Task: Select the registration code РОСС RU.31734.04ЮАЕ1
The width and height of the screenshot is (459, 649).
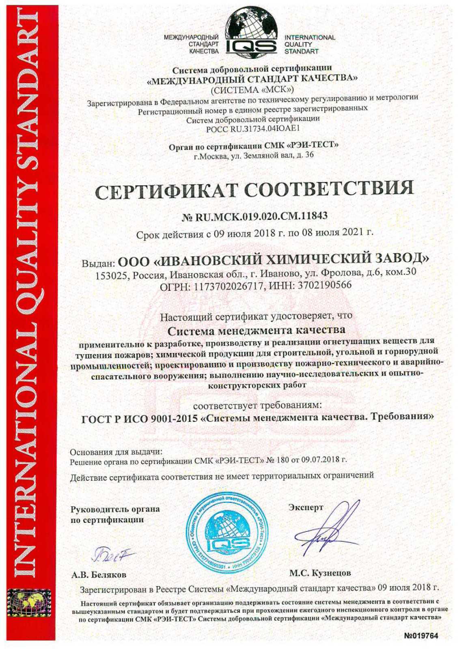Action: tap(253, 129)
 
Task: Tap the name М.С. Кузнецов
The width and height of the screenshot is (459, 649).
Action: tap(320, 573)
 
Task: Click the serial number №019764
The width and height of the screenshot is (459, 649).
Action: tap(421, 636)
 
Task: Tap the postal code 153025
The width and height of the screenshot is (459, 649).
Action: tap(111, 275)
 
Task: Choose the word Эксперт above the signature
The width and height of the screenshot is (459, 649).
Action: tap(306, 507)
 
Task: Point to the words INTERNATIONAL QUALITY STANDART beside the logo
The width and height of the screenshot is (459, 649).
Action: tap(309, 44)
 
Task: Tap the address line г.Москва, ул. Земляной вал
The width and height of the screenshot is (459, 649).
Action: tap(254, 155)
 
